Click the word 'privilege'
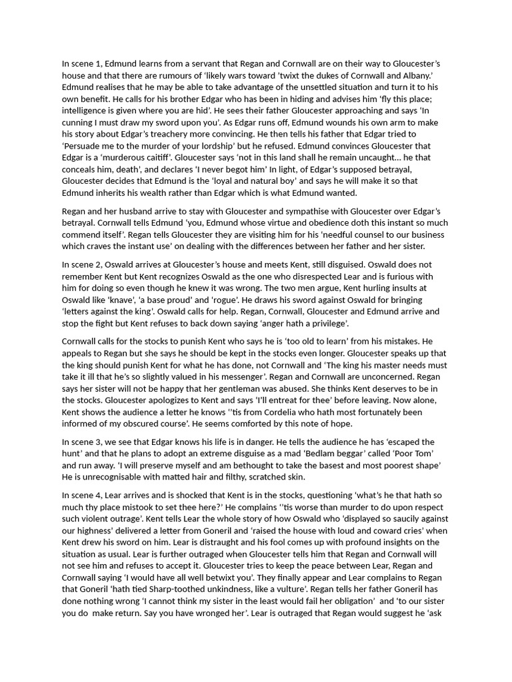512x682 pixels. pos(326,324)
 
